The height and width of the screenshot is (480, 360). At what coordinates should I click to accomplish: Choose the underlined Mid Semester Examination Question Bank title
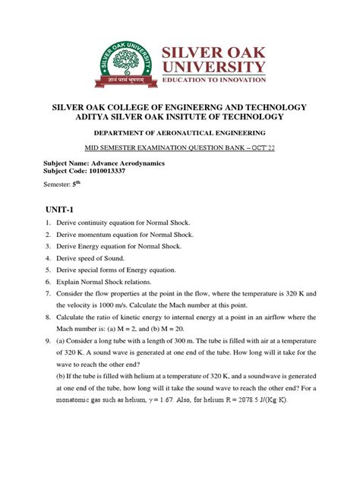[x=179, y=148]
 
